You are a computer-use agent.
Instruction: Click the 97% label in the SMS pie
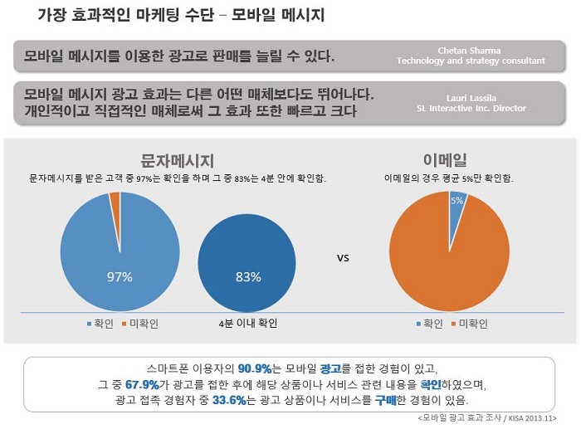(120, 277)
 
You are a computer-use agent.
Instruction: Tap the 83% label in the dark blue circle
(248, 277)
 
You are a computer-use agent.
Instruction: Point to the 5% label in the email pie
(456, 201)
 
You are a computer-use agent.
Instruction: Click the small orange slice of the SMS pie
(115, 197)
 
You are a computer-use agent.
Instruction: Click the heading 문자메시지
(178, 160)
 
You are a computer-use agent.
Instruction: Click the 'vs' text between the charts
(343, 257)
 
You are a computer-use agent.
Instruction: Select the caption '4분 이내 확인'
(247, 323)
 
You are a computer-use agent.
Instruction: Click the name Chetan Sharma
(470, 50)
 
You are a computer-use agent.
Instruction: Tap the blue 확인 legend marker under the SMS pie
(88, 323)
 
